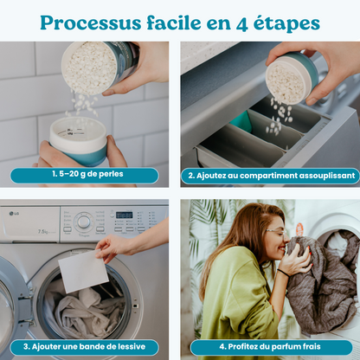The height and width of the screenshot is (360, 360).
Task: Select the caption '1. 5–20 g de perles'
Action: [x=84, y=175]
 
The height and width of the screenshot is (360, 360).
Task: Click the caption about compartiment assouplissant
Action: [x=270, y=175]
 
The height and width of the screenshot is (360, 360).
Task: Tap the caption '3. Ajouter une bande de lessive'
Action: [x=84, y=345]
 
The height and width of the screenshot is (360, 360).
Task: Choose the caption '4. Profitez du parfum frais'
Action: [x=270, y=345]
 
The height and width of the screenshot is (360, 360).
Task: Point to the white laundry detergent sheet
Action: [x=83, y=272]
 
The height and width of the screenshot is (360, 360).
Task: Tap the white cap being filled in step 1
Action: [x=78, y=138]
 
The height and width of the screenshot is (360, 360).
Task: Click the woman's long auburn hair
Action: [x=238, y=251]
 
